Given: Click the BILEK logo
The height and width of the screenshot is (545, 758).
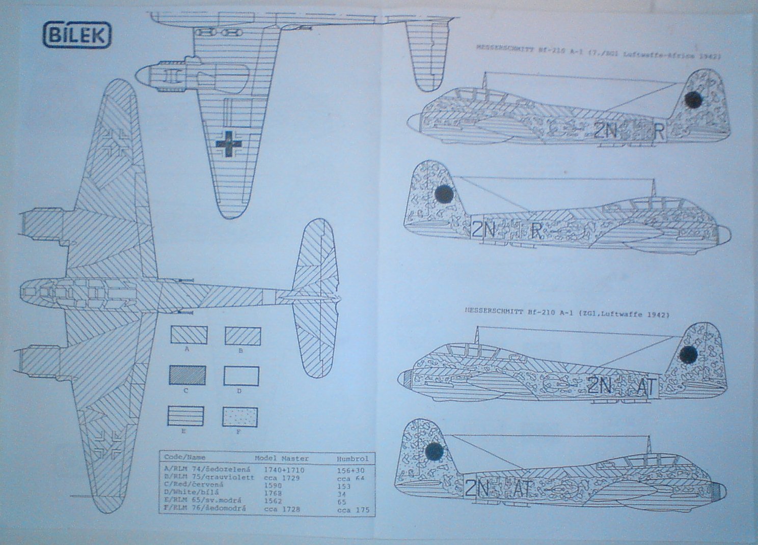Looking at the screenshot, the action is [77, 35].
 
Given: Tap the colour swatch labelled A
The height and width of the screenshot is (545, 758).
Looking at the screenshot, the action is [188, 335].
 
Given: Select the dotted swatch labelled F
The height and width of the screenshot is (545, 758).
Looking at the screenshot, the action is [240, 417].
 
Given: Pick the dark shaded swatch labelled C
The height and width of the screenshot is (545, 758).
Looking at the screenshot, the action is [187, 375].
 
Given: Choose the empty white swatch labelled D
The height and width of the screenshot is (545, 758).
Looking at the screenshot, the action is [241, 376].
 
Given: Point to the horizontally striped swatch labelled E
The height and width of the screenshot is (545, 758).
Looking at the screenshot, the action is [186, 416].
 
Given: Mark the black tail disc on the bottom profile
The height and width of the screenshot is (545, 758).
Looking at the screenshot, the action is [434, 450].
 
